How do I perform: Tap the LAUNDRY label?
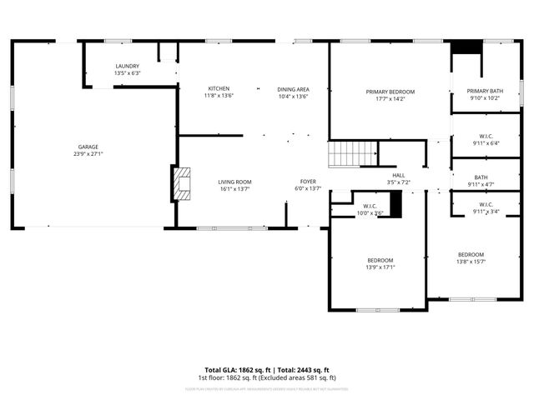click(x=127, y=66)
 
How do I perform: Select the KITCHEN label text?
click(x=219, y=88)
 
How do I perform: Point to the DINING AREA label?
click(x=293, y=88)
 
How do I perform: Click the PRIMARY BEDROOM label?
click(x=390, y=92)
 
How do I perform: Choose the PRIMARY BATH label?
click(x=485, y=91)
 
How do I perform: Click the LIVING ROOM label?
click(x=234, y=182)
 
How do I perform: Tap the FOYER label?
click(x=309, y=182)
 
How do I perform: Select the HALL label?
click(x=399, y=174)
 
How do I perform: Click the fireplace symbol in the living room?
click(x=180, y=183)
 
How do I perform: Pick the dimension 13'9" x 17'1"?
click(x=380, y=267)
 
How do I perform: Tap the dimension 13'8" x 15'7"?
click(x=471, y=262)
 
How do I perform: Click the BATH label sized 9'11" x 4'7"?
click(x=481, y=177)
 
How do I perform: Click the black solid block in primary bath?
click(x=462, y=47)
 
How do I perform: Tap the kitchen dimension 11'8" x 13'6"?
click(x=219, y=96)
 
